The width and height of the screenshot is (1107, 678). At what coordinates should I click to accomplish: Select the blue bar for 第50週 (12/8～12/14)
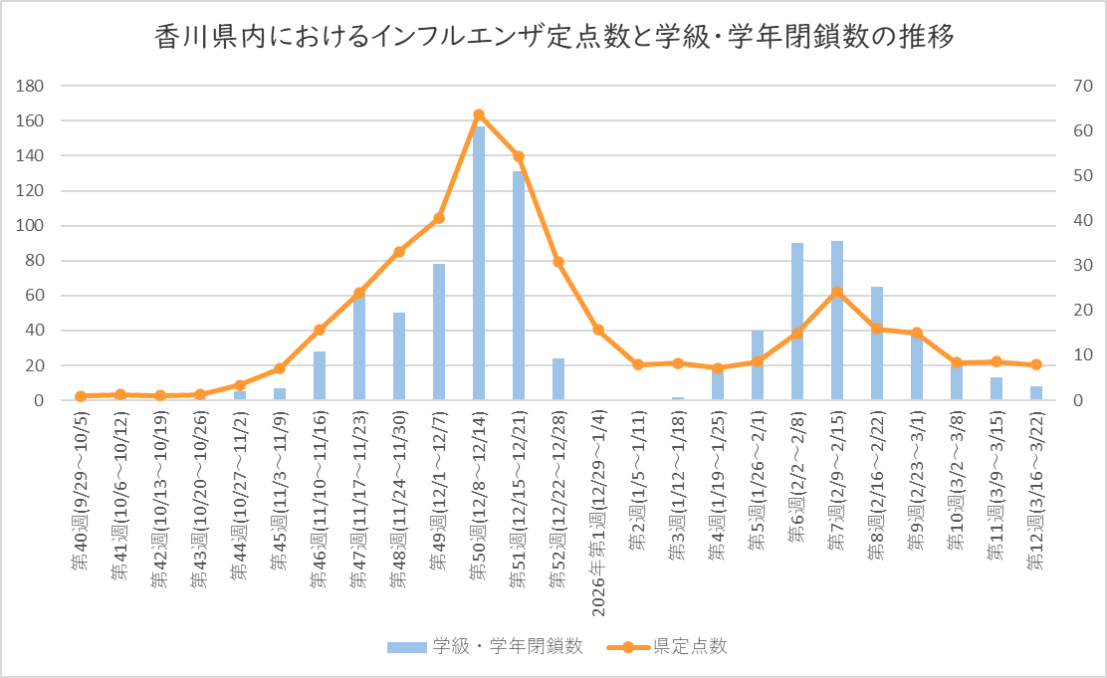tap(479, 263)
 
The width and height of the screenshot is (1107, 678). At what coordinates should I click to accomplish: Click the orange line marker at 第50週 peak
tap(479, 115)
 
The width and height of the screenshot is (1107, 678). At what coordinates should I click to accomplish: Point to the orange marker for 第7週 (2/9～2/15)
tap(837, 293)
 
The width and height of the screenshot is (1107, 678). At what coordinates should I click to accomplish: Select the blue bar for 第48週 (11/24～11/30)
tap(399, 356)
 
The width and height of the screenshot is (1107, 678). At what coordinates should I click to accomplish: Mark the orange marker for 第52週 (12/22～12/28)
tap(558, 262)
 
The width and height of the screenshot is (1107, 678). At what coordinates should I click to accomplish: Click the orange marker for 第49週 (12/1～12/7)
tap(439, 218)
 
